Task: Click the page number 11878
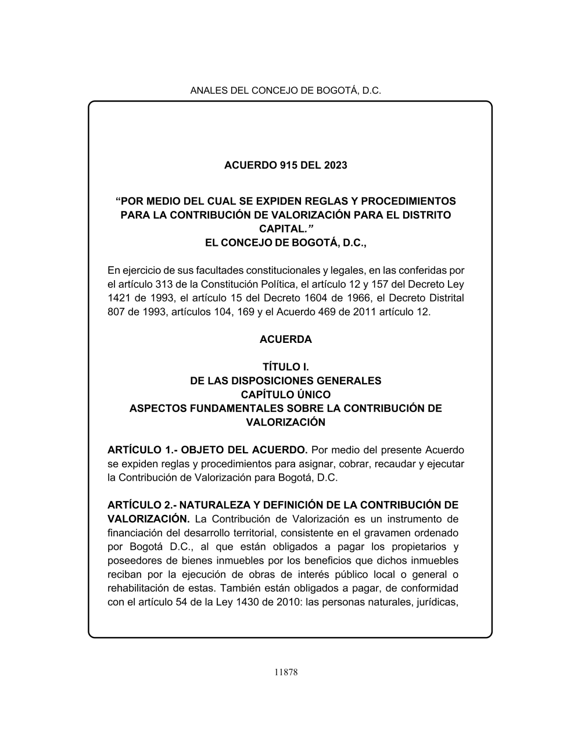[x=286, y=672]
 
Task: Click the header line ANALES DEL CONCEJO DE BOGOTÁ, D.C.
[x=286, y=91]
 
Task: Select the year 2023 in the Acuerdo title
[x=335, y=166]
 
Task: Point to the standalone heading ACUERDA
[x=286, y=339]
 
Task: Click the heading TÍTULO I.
[x=286, y=367]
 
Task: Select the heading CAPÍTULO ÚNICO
[x=286, y=395]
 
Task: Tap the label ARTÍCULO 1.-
[x=142, y=450]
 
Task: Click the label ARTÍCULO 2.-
[x=142, y=505]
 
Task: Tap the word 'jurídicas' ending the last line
[x=436, y=602]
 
